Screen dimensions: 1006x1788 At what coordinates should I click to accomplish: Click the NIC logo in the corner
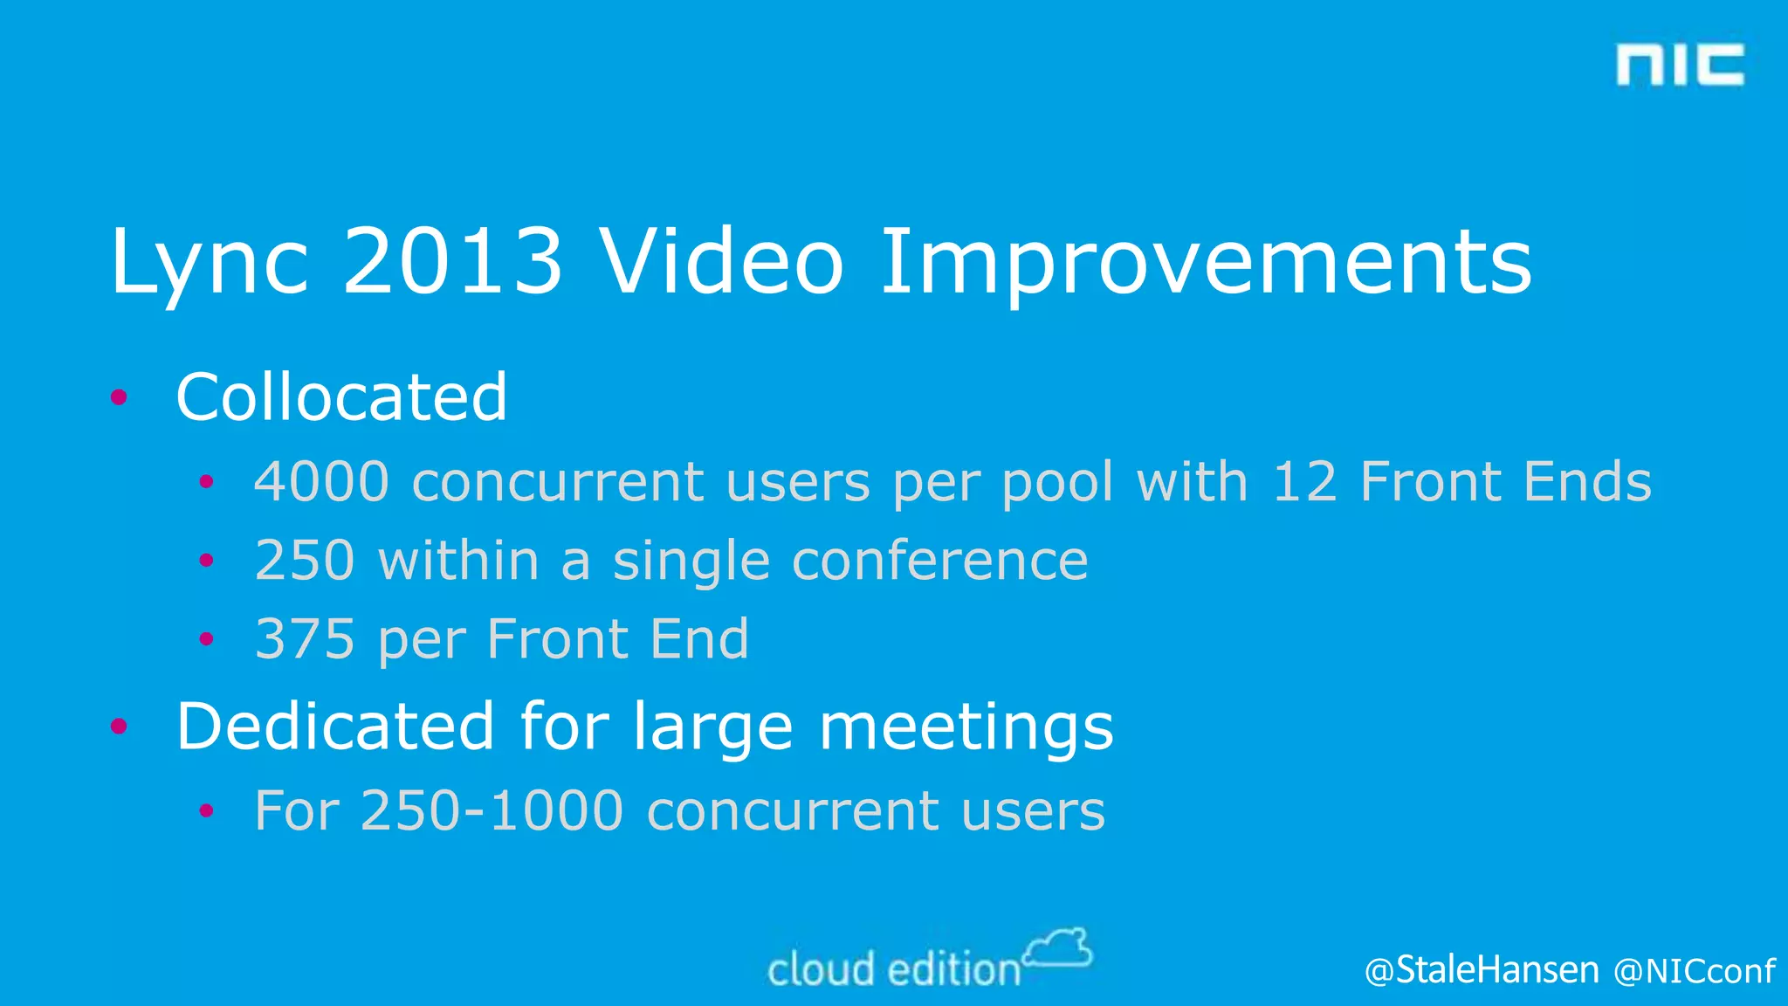(1680, 65)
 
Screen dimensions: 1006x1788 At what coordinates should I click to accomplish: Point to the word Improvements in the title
(1206, 262)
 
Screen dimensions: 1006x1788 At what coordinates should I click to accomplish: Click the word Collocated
(341, 397)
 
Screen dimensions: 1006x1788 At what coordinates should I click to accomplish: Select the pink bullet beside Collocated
(120, 398)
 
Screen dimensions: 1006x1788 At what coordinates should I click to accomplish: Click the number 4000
(321, 482)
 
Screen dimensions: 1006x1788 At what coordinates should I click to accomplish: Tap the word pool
(1057, 484)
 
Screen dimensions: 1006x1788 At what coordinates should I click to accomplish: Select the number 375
(305, 638)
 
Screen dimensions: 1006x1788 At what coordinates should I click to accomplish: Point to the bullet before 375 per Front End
(206, 639)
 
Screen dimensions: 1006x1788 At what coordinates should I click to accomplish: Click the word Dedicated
(335, 727)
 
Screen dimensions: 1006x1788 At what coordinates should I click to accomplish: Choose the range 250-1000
(492, 811)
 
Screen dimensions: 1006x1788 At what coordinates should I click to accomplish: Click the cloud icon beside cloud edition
(1059, 948)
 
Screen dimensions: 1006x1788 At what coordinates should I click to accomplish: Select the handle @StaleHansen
(1482, 970)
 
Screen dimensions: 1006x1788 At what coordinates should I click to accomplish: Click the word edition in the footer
(953, 970)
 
